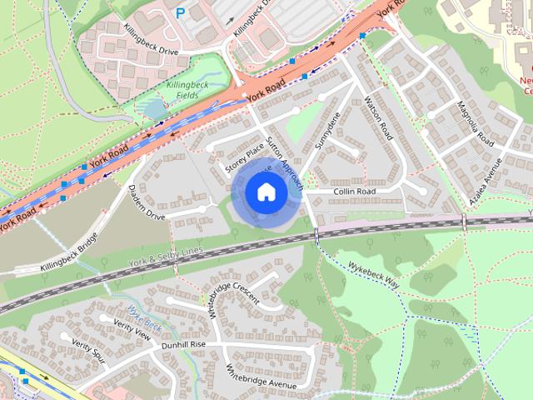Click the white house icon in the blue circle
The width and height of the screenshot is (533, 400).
point(266,192)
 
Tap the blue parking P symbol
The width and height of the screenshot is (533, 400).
point(181,12)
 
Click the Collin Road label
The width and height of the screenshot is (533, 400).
point(355,192)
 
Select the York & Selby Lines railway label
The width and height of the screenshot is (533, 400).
point(166,256)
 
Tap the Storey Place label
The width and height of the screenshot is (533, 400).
point(244,158)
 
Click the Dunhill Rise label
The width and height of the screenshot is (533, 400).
point(183,343)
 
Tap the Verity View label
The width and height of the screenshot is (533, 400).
point(132,331)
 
